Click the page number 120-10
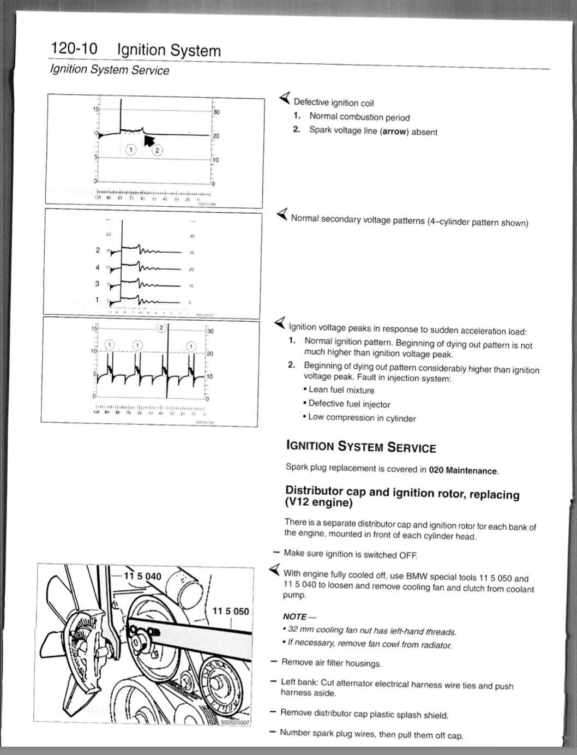(x=74, y=49)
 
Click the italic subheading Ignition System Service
(x=110, y=70)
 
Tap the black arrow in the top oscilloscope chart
(x=148, y=140)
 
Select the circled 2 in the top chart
(x=157, y=150)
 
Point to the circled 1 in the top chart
(x=131, y=149)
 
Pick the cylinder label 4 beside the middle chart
(x=98, y=267)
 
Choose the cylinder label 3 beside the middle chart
(x=98, y=284)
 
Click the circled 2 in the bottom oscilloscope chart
(x=161, y=327)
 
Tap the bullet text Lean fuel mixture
(x=341, y=390)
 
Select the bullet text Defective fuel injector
(x=349, y=404)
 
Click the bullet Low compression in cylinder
(x=362, y=418)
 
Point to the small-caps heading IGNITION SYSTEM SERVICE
(x=361, y=447)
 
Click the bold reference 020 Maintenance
(x=463, y=470)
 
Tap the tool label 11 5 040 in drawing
(x=143, y=576)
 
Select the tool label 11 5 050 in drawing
(x=230, y=611)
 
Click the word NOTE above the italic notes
(x=295, y=616)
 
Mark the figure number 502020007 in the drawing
(x=235, y=722)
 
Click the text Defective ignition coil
(x=334, y=103)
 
